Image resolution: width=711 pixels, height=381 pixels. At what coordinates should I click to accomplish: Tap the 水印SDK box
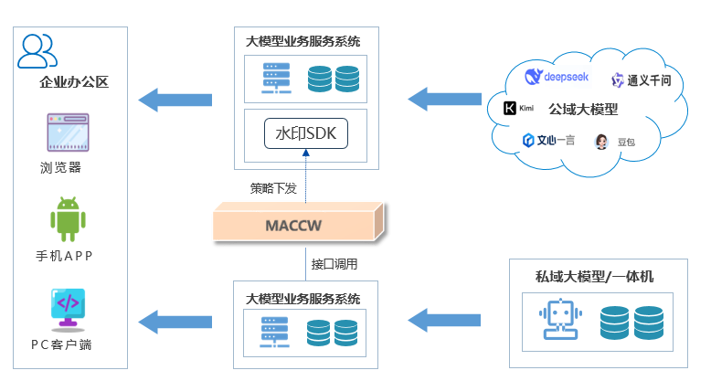click(x=305, y=133)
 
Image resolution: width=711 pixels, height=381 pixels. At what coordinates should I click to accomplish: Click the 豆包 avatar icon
click(x=602, y=142)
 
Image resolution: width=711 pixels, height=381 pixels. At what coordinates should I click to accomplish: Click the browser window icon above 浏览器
click(x=68, y=132)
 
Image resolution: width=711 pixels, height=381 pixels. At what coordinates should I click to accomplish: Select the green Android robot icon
click(x=68, y=219)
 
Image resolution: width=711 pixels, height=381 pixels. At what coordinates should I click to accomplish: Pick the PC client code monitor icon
click(x=68, y=308)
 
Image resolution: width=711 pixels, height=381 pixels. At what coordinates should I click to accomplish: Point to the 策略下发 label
click(x=273, y=189)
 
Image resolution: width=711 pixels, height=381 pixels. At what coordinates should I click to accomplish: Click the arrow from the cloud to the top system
click(x=444, y=96)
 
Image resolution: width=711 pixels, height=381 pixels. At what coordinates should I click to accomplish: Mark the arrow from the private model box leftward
click(x=444, y=320)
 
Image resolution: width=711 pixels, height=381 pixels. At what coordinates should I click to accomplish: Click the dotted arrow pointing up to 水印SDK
click(x=305, y=178)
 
